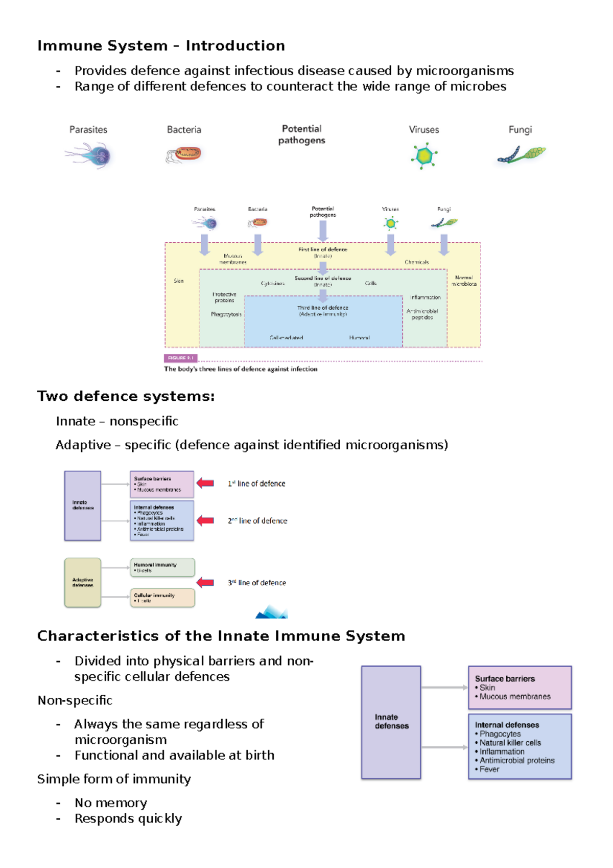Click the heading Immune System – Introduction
(x=161, y=46)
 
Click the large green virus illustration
(x=424, y=156)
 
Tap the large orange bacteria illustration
(x=185, y=154)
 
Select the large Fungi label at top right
(x=520, y=130)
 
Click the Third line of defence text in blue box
(x=323, y=308)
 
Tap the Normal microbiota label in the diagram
(x=464, y=281)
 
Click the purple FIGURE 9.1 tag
(x=180, y=358)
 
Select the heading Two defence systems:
(x=126, y=397)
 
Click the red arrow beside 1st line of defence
(x=205, y=483)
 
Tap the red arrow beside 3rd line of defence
(x=205, y=582)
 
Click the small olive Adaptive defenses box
(x=83, y=582)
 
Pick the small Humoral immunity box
(x=162, y=567)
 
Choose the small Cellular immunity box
(x=162, y=598)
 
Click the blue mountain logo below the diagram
(x=272, y=612)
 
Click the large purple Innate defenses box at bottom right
(x=391, y=722)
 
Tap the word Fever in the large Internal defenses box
(x=489, y=769)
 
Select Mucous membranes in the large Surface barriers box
(x=515, y=697)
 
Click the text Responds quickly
(x=128, y=819)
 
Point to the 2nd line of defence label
(x=257, y=521)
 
